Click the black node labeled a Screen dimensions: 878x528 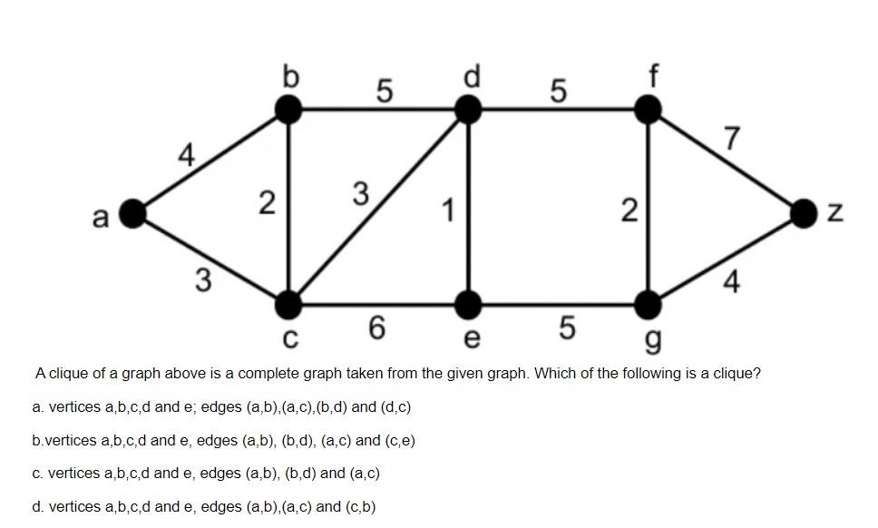[x=133, y=213]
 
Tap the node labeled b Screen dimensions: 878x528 [x=288, y=110]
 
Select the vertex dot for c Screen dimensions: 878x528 [x=288, y=305]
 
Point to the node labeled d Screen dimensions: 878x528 [x=468, y=110]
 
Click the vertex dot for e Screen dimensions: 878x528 [x=468, y=305]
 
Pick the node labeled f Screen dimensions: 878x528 [x=648, y=110]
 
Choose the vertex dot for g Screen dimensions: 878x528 [x=648, y=305]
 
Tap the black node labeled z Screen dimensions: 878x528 [x=804, y=213]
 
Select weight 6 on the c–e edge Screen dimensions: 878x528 [x=377, y=328]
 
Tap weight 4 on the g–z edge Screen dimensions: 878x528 [x=731, y=282]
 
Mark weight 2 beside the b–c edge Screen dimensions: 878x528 [x=266, y=203]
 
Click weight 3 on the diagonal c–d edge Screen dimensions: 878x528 [x=360, y=194]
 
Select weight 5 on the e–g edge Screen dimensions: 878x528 [x=566, y=328]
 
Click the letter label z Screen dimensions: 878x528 [x=835, y=214]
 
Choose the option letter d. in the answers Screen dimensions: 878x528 [x=37, y=507]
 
